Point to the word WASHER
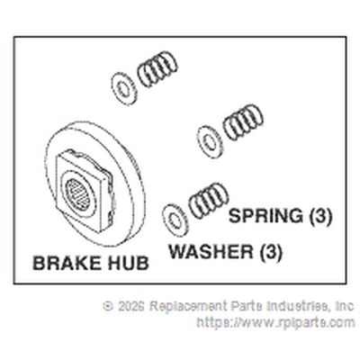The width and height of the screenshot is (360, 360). coord(211,251)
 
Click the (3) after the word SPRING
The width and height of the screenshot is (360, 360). coord(320,216)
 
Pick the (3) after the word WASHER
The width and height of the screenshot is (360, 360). coord(270,252)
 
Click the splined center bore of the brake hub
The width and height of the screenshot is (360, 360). coord(78,194)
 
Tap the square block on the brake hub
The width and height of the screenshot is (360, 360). coord(85,190)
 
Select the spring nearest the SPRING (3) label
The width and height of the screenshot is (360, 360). coord(209,200)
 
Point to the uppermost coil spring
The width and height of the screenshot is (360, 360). coord(157,69)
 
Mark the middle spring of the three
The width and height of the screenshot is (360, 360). coord(243,122)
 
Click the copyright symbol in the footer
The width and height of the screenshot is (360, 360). coord(108,306)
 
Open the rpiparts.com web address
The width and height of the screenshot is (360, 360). coord(275,323)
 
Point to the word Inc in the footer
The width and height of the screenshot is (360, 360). coord(345,306)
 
